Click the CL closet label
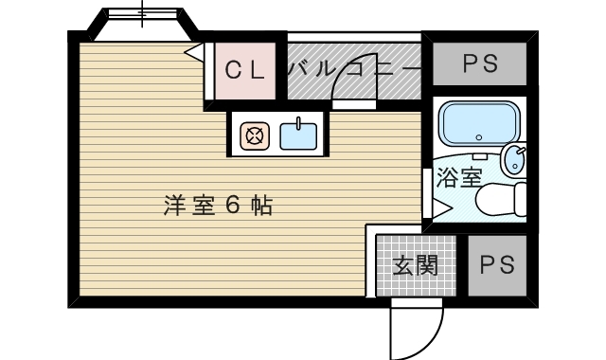tap(245, 70)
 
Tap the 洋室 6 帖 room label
tap(219, 206)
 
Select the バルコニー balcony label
tap(354, 69)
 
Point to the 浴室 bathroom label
tap(458, 178)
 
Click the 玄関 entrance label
tap(415, 265)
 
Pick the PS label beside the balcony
tap(480, 63)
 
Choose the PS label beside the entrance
tap(497, 265)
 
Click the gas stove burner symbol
tap(255, 136)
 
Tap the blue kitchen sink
tap(298, 136)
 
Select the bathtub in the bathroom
tap(480, 124)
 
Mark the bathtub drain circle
tap(479, 137)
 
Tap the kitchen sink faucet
tap(298, 124)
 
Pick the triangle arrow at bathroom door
tap(442, 208)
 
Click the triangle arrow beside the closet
tap(194, 51)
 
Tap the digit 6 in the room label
tap(233, 206)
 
